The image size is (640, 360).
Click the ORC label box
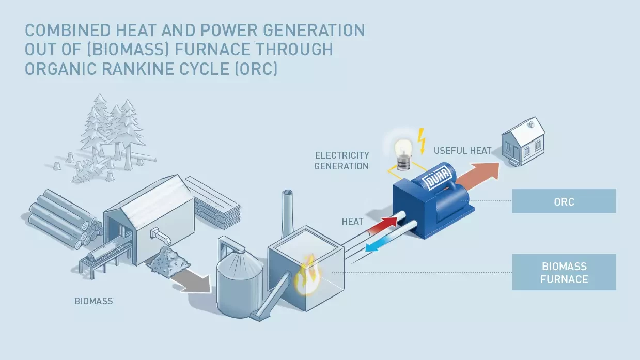pos(564,201)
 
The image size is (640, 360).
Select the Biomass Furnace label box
pos(564,272)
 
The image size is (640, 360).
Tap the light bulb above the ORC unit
pos(403,149)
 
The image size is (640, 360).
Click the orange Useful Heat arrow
pos(480,175)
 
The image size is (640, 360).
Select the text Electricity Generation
pos(342,161)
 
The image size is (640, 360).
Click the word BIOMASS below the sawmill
pos(93,301)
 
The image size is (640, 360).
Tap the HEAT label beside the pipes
pos(352,222)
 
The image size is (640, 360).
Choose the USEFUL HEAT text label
pos(462,151)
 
